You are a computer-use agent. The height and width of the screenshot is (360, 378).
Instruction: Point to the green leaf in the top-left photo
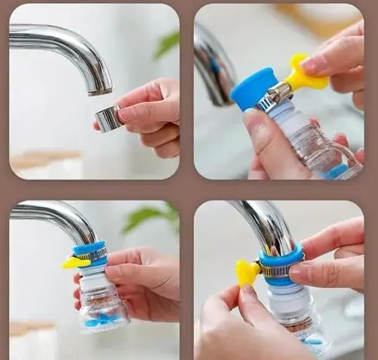coord(167,45)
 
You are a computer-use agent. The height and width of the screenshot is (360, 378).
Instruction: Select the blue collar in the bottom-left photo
coord(90,249)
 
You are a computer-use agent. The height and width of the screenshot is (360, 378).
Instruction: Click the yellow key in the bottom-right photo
coord(246,273)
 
